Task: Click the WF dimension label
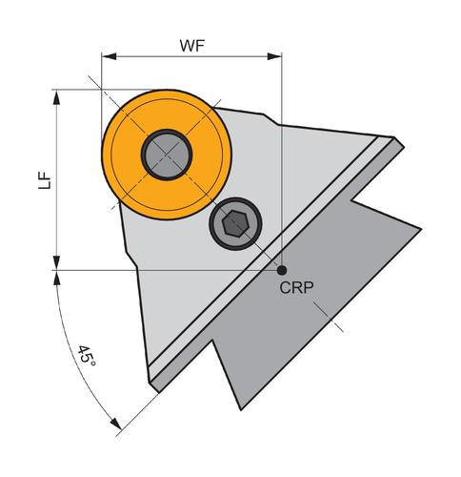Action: click(192, 46)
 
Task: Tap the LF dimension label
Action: click(45, 180)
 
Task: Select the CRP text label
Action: click(296, 288)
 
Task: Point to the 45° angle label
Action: click(87, 355)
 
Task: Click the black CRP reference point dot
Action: click(282, 270)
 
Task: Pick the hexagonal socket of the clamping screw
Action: click(235, 223)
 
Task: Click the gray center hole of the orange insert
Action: click(167, 155)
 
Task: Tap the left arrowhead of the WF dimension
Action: click(109, 56)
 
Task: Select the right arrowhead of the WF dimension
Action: click(274, 56)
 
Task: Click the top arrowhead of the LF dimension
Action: click(56, 97)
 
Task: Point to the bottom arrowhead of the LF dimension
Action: click(56, 262)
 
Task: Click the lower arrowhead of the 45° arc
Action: click(115, 425)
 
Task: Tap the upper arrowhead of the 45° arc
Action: click(57, 279)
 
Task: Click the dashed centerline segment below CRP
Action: click(329, 317)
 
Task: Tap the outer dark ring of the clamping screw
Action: click(235, 199)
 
